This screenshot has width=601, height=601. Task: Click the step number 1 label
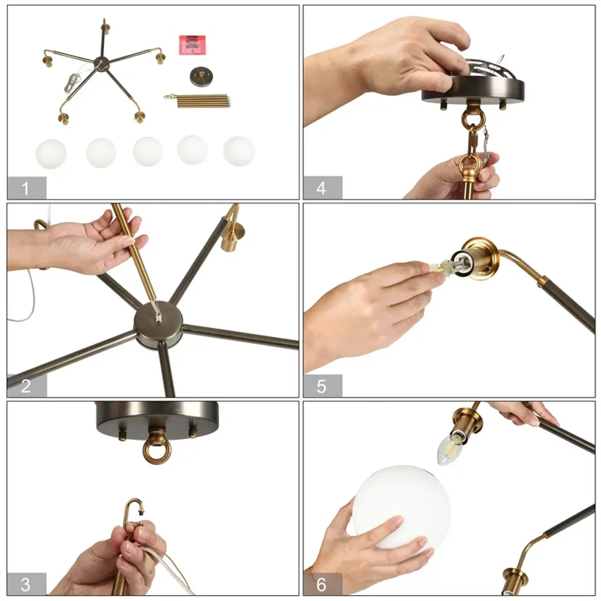(x=25, y=188)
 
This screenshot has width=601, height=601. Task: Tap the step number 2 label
(x=26, y=386)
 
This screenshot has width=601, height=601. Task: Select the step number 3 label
(x=25, y=585)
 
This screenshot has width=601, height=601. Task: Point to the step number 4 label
(x=321, y=188)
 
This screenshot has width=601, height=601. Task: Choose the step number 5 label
(x=321, y=386)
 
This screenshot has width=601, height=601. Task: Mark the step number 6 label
(x=321, y=585)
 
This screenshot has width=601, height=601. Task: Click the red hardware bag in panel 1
(x=193, y=45)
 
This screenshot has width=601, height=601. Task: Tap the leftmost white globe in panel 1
(x=51, y=153)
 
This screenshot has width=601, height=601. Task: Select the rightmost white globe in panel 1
(x=239, y=151)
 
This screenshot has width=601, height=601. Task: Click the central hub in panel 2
(x=158, y=325)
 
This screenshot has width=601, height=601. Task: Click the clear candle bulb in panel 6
(x=451, y=448)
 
